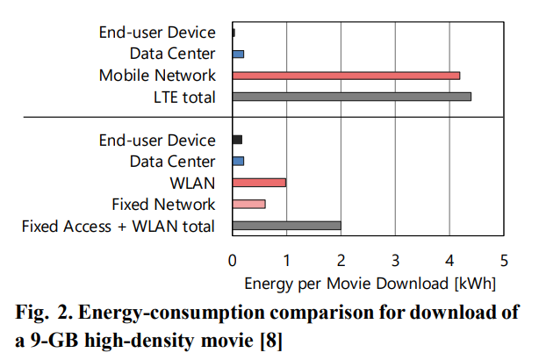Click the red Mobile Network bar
point(346,76)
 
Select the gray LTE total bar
point(351,97)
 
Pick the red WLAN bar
point(259,183)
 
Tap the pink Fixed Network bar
point(248,205)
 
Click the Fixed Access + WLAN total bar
point(286,226)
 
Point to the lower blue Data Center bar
point(238,162)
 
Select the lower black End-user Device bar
point(237,140)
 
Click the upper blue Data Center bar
point(238,54)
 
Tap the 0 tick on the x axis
point(232,260)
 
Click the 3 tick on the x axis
point(395,260)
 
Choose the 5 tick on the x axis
point(504,260)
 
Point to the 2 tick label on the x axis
point(341,260)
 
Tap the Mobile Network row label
point(157,76)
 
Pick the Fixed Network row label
point(163,205)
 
